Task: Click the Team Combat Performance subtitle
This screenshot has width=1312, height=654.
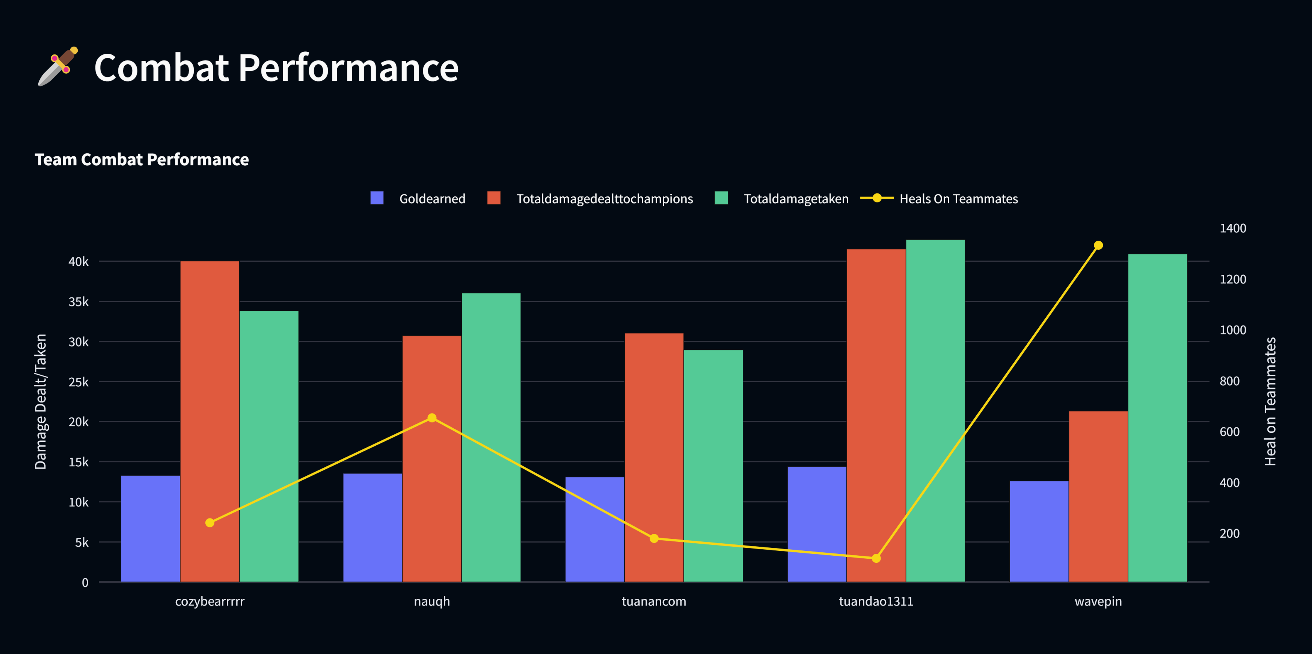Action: (x=142, y=160)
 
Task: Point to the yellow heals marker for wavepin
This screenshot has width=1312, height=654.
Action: (x=1098, y=246)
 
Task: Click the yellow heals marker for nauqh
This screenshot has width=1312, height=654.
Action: (x=432, y=417)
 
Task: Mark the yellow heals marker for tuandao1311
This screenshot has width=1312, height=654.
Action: (x=876, y=558)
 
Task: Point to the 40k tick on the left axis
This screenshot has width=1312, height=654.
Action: (x=78, y=262)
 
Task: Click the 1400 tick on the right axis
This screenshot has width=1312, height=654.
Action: (x=1232, y=228)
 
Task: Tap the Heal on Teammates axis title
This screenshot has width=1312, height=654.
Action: (x=1270, y=401)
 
